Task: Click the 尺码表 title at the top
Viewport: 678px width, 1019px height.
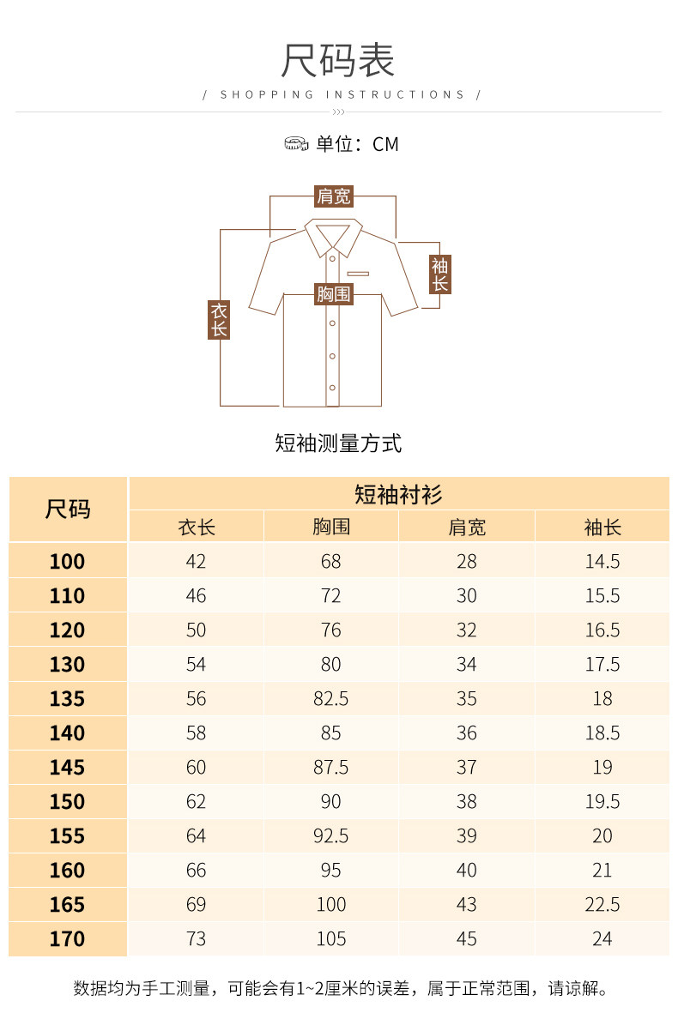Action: pos(338,61)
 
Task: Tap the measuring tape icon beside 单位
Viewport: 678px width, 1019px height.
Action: pos(296,144)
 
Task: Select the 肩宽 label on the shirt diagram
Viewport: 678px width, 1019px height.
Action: pos(333,196)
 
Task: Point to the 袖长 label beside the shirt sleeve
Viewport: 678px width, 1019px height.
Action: pos(439,274)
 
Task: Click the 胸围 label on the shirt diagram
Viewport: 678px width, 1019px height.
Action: pos(333,294)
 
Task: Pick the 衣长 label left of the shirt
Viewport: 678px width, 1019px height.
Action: pos(219,319)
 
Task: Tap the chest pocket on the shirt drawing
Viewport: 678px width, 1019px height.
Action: pos(358,274)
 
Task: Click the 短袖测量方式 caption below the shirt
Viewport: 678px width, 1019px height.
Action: pos(338,443)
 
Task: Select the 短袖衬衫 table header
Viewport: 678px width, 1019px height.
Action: pos(398,494)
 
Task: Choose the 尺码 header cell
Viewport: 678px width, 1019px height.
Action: pos(68,509)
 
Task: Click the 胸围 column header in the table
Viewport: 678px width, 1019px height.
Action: pos(331,527)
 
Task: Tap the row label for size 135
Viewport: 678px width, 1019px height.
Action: pos(68,699)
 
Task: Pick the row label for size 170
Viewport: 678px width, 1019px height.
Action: pos(68,939)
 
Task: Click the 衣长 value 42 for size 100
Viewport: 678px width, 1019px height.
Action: pos(196,562)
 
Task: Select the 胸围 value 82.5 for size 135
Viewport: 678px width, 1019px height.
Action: pos(331,699)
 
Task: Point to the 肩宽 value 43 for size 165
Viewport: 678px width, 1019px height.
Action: pos(467,905)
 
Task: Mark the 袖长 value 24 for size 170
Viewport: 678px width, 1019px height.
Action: pos(602,939)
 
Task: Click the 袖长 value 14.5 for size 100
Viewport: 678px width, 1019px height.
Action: pos(602,562)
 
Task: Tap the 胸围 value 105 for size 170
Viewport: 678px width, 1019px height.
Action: pos(331,939)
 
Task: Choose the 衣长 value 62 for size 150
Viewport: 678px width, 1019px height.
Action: pos(196,802)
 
